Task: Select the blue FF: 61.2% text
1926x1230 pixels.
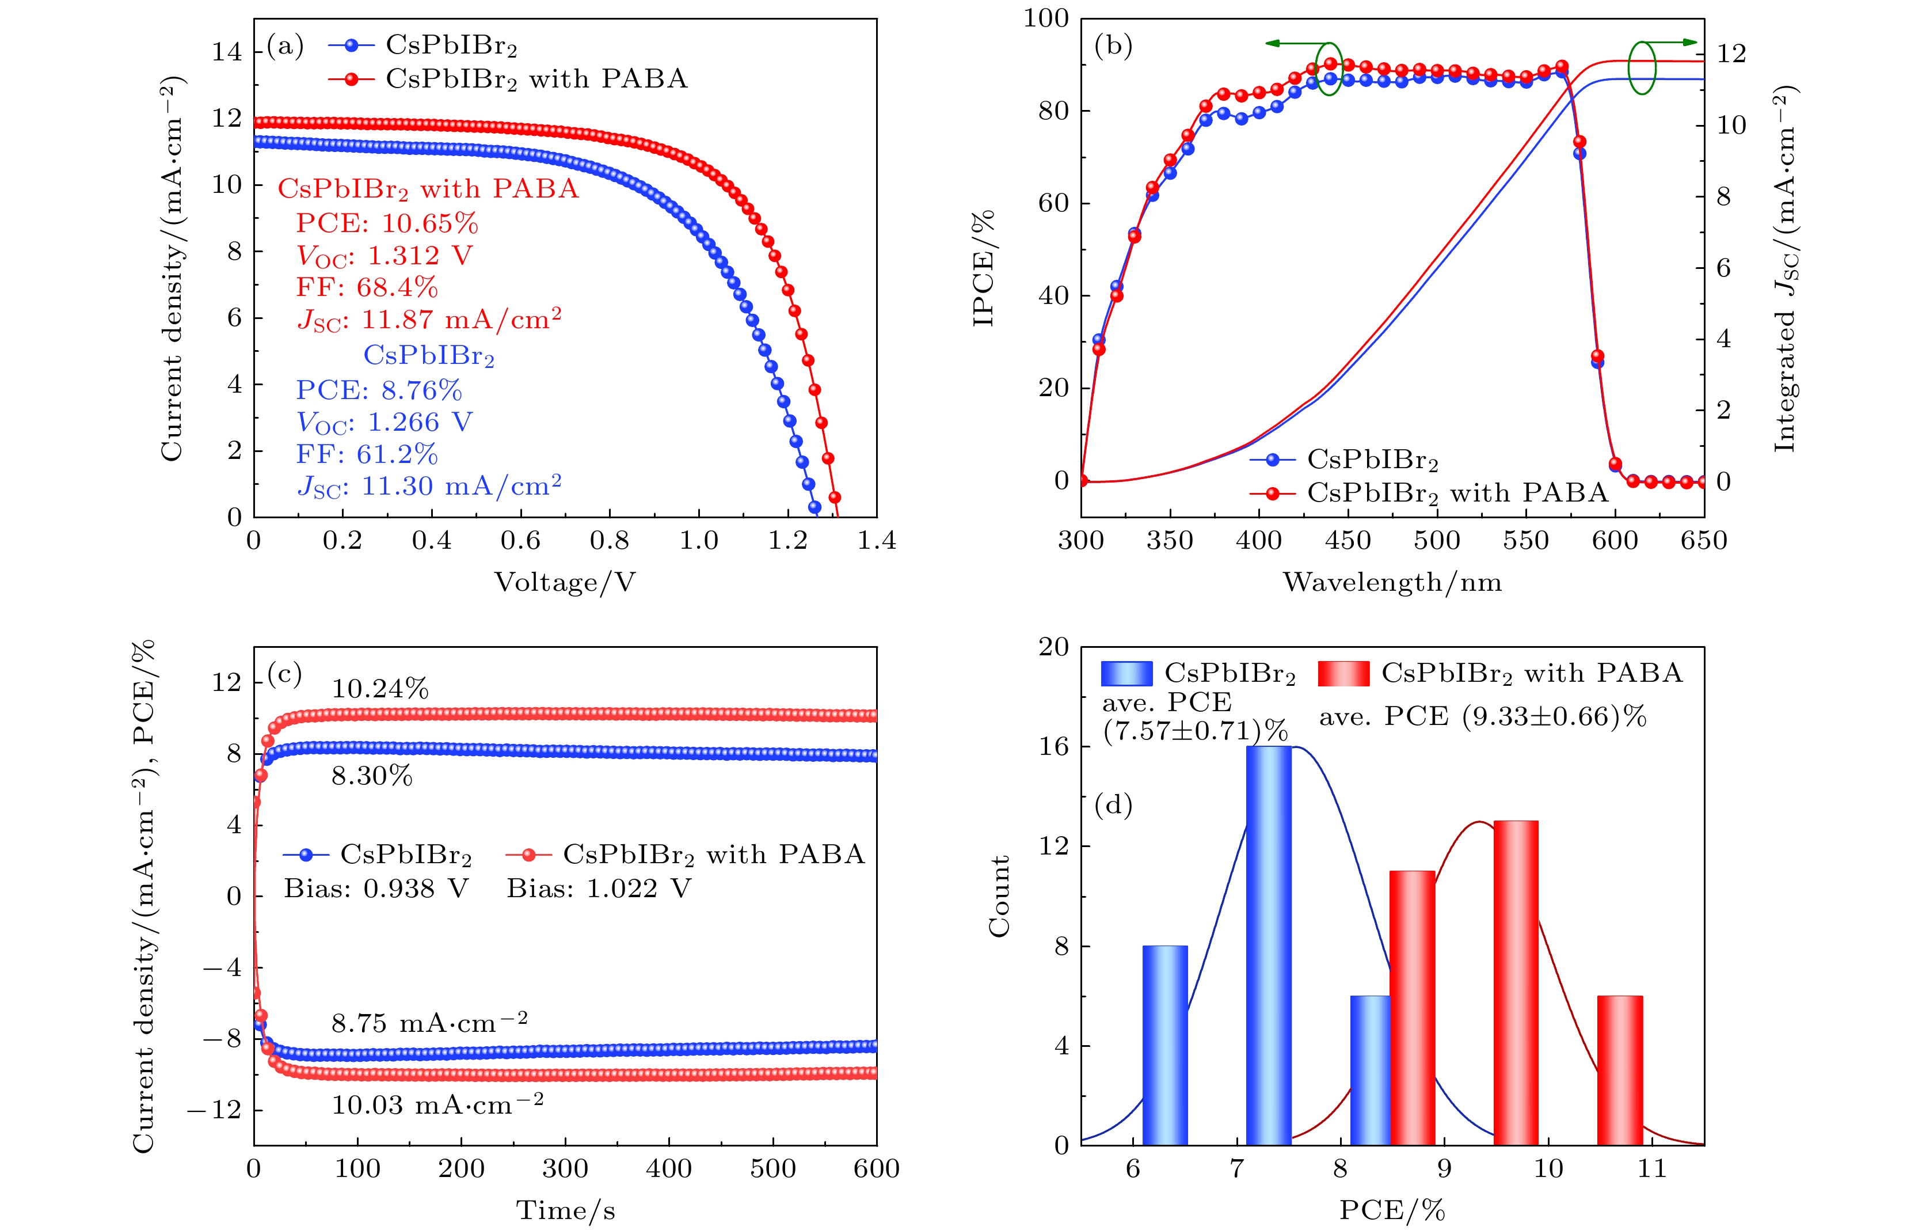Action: (x=367, y=454)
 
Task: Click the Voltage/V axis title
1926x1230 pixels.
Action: (x=565, y=582)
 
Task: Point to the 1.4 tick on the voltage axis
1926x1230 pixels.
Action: (x=877, y=541)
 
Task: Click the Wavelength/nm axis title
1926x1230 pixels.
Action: (x=1392, y=582)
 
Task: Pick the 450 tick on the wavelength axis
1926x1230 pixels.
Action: (x=1348, y=541)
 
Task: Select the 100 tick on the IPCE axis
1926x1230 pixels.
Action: (x=1046, y=18)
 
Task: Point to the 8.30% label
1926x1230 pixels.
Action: (x=372, y=776)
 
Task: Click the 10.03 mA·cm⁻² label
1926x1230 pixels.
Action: (x=437, y=1105)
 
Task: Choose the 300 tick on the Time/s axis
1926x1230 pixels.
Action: (x=565, y=1168)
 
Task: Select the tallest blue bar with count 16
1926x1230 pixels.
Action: (x=1269, y=945)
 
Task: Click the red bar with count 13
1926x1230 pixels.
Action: (x=1516, y=983)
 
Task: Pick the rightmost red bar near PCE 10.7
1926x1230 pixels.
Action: (x=1620, y=1070)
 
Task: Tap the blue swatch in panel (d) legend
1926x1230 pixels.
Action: (x=1126, y=673)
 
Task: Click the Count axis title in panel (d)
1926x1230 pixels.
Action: (x=1000, y=895)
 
